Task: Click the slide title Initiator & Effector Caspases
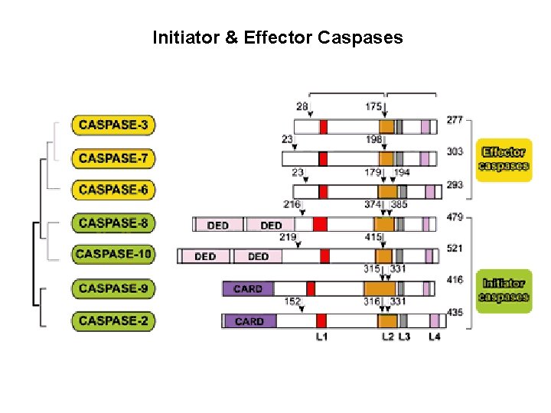[x=277, y=37]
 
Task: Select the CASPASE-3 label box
[x=113, y=125]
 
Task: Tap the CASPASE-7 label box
[x=113, y=158]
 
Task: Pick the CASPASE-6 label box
[x=113, y=189]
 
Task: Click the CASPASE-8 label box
[x=113, y=223]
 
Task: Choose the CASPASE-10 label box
[x=112, y=254]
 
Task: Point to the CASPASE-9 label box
[x=113, y=288]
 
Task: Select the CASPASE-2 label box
[x=113, y=320]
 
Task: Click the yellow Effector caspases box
[x=504, y=159]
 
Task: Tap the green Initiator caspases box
[x=504, y=290]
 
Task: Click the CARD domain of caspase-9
[x=248, y=288]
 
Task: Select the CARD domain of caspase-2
[x=249, y=321]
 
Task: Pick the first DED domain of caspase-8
[x=218, y=224]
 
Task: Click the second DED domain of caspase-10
[x=258, y=255]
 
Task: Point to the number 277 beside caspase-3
[x=455, y=119]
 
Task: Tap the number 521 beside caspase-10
[x=455, y=249]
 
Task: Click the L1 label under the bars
[x=321, y=337]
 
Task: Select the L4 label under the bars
[x=434, y=337]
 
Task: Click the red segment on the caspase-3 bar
[x=324, y=126]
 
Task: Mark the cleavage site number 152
[x=292, y=301]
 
